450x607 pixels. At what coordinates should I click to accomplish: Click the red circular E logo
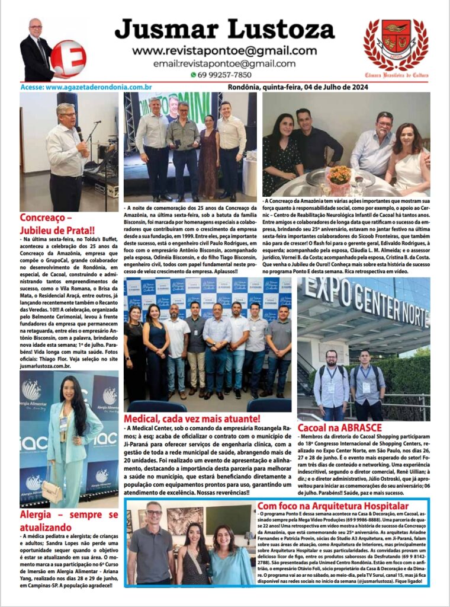point(68,58)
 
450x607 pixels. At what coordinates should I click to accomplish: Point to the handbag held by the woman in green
point(52,490)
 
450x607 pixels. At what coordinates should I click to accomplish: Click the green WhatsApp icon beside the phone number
point(193,75)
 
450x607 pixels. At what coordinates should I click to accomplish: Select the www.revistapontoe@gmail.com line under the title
point(224,50)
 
